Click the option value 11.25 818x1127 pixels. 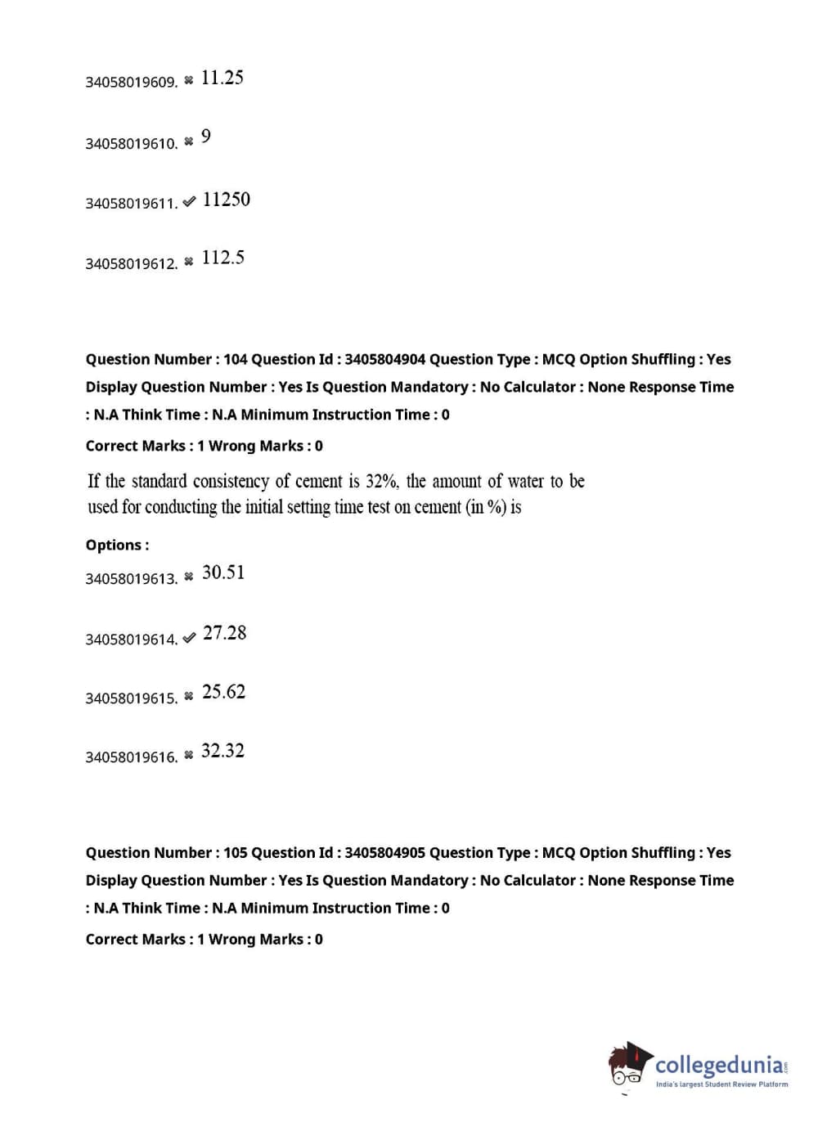click(x=222, y=78)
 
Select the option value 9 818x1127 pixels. click(x=205, y=136)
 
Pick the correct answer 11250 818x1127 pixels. click(x=226, y=200)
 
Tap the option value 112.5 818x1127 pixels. click(x=222, y=258)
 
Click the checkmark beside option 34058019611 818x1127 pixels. click(x=189, y=201)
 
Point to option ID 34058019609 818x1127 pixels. click(x=131, y=82)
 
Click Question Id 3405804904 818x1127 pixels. click(x=384, y=359)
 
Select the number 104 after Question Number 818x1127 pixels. click(x=235, y=359)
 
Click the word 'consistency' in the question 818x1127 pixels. click(x=231, y=481)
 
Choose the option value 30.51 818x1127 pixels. click(x=222, y=572)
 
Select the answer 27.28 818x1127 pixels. click(x=224, y=633)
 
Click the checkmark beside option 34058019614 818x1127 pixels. click(x=189, y=638)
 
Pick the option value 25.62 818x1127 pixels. click(x=223, y=692)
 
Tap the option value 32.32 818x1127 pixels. click(x=222, y=751)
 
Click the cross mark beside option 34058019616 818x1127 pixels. click(x=189, y=755)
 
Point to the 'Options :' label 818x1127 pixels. click(x=117, y=545)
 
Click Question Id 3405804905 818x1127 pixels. click(x=384, y=852)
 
